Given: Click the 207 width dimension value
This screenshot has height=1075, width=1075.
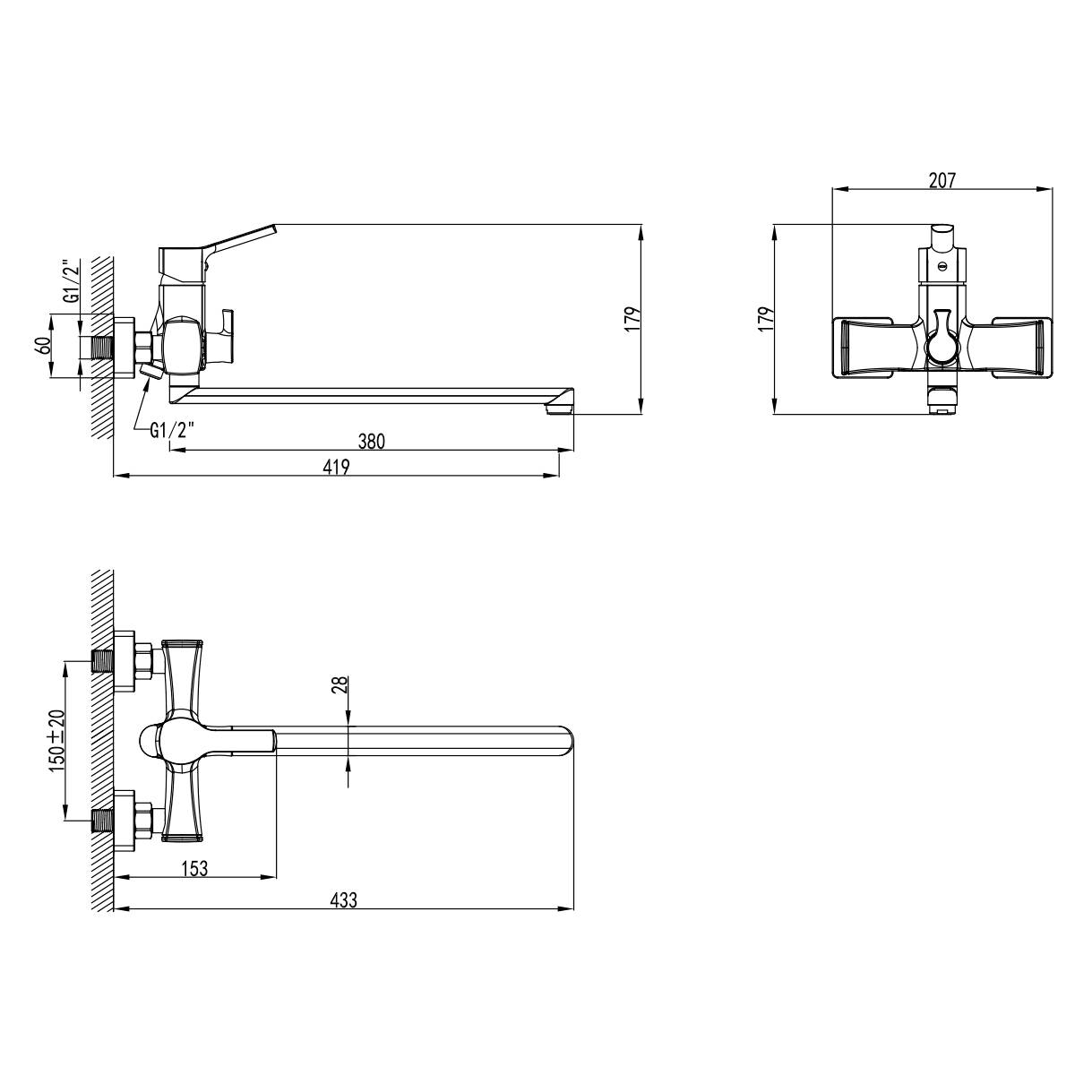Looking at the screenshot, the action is (x=942, y=180).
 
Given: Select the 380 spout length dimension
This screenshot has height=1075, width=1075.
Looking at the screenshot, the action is (x=372, y=442).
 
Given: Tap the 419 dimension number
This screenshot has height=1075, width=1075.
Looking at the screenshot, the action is (x=337, y=467).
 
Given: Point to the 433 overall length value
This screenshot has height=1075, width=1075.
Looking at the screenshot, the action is (x=343, y=900).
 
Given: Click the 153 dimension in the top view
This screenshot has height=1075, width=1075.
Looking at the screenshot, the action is (x=194, y=869).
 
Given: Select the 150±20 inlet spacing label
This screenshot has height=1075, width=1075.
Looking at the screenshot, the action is (x=57, y=741).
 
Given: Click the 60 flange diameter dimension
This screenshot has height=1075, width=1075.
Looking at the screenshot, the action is (x=42, y=346).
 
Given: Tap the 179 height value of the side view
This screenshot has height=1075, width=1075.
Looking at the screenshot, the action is (x=632, y=319).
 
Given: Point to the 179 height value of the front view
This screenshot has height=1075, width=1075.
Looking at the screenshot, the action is (x=767, y=319).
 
